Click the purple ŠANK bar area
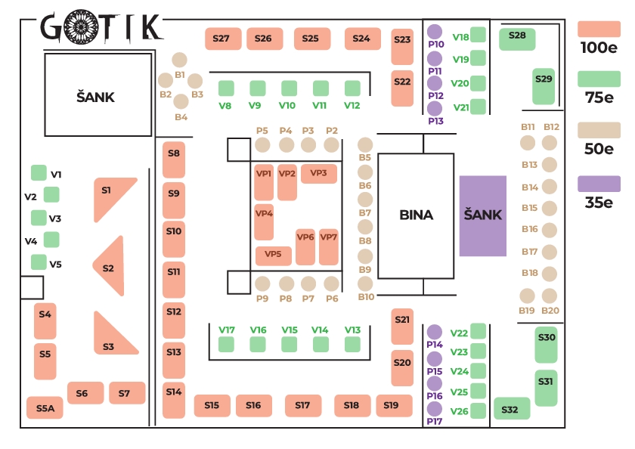tap(482, 215)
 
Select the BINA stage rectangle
tap(416, 215)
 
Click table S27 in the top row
tap(222, 39)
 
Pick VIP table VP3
tap(318, 173)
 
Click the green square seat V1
tap(38, 173)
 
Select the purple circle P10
tap(434, 32)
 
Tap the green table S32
tap(511, 409)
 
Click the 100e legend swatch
tap(599, 29)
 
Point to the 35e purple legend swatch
tap(599, 184)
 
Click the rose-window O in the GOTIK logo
tap(78, 27)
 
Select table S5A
tap(45, 408)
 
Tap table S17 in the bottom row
tap(303, 405)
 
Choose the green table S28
tap(517, 38)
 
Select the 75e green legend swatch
tap(599, 79)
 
